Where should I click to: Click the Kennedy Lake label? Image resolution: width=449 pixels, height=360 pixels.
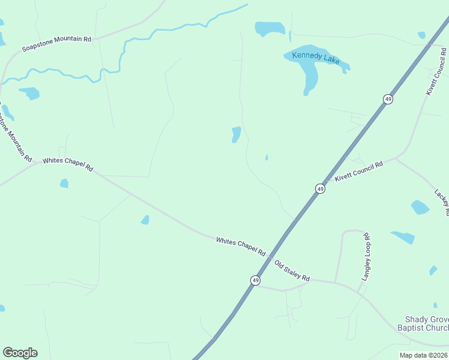pos(316,58)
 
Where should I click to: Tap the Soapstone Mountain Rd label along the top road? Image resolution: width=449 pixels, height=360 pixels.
pos(56,43)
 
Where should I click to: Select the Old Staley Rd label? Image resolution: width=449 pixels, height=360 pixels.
pos(292,271)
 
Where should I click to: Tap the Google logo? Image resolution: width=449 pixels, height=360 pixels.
pos(20,353)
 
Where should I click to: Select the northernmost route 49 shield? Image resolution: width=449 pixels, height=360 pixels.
pos(388,99)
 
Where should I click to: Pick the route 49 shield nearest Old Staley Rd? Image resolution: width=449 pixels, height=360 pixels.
pos(255,280)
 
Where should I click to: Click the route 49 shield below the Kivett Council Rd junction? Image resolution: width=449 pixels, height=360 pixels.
pos(320,188)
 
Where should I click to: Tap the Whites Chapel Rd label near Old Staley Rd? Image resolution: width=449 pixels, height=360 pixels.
pos(241,247)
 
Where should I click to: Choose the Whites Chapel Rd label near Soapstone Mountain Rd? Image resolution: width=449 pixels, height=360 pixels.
pos(67,164)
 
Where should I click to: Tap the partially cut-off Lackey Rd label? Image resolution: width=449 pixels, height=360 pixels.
pos(442,203)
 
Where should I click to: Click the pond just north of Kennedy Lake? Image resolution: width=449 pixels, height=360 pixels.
pos(270,28)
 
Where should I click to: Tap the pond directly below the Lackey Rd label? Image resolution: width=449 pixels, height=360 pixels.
pos(420,208)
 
